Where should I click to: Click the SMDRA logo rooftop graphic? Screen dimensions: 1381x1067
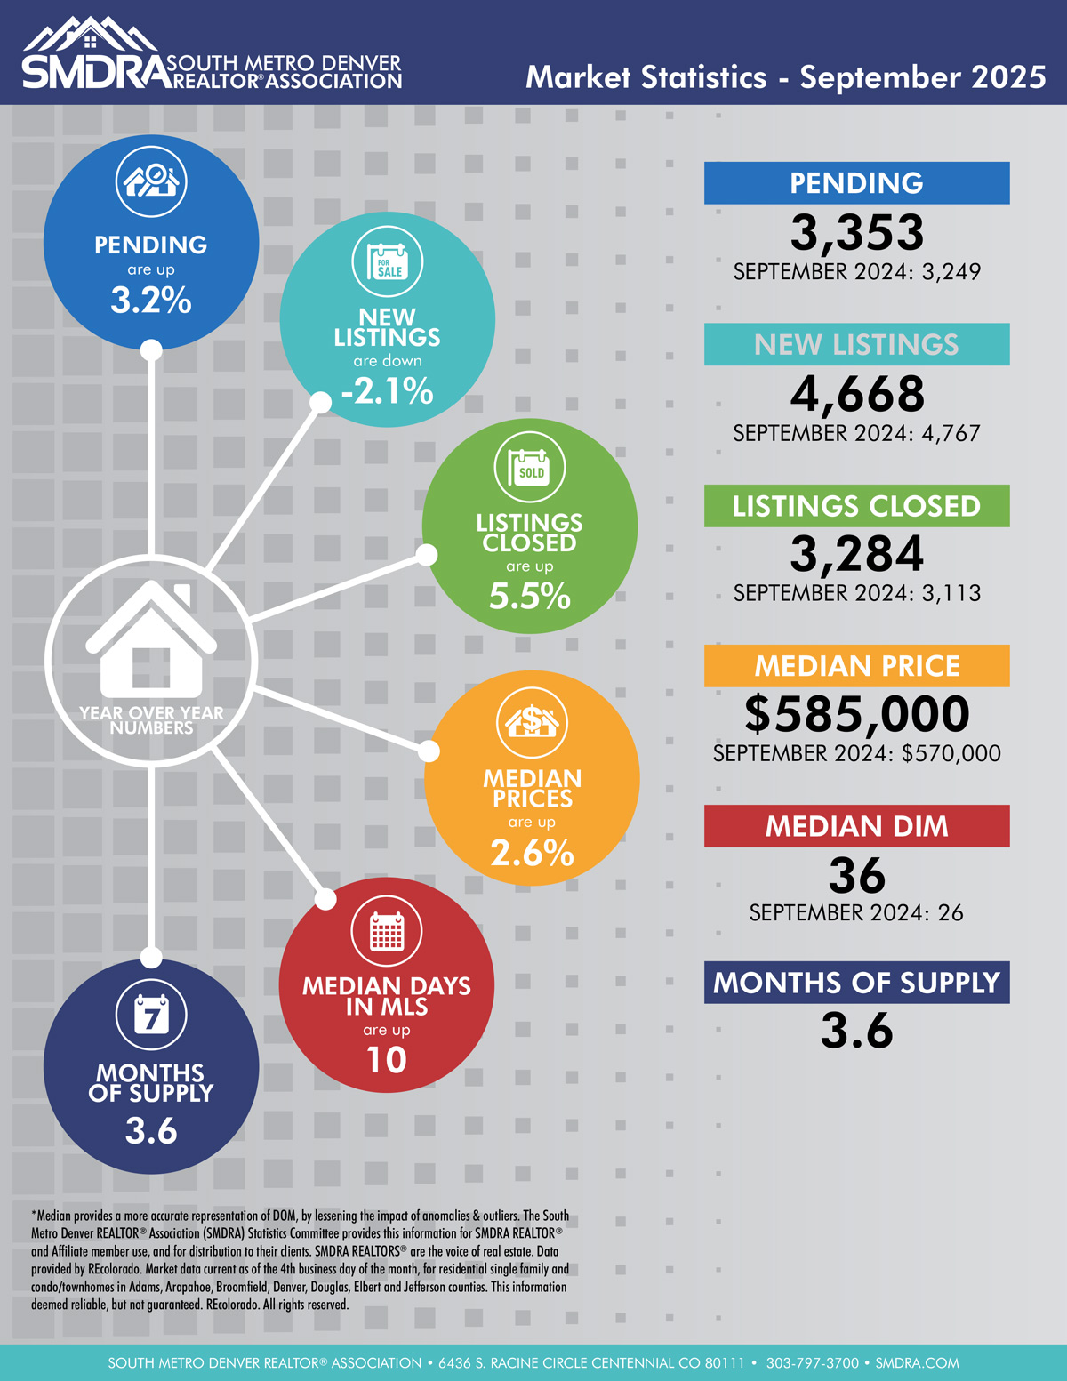click(x=90, y=36)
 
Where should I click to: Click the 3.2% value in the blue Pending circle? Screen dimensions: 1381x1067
click(x=151, y=301)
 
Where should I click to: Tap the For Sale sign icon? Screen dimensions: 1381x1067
click(x=388, y=262)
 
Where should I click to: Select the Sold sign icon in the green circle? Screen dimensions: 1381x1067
click(x=530, y=468)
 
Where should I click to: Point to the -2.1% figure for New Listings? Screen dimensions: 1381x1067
click(x=388, y=390)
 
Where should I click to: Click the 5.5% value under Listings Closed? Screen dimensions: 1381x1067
click(x=530, y=596)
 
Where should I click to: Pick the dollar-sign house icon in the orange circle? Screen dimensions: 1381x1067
click(x=532, y=721)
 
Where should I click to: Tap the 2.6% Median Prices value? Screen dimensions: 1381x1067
click(x=532, y=853)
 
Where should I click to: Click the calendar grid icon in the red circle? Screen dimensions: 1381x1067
click(x=387, y=931)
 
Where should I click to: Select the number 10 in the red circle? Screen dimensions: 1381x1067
click(x=387, y=1059)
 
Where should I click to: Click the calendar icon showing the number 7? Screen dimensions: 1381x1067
click(x=151, y=1014)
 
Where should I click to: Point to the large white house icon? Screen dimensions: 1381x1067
click(x=151, y=640)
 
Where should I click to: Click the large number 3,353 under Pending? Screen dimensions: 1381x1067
click(x=856, y=233)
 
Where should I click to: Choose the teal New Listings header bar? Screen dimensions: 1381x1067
click(x=856, y=344)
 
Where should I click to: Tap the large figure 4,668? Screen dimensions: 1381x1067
click(x=856, y=394)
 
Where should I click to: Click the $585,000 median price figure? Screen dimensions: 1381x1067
click(x=856, y=713)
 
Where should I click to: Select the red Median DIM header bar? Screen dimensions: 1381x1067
click(x=856, y=826)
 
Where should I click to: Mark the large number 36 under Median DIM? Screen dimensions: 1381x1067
click(x=856, y=876)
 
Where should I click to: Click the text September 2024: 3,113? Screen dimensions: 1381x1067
click(x=856, y=593)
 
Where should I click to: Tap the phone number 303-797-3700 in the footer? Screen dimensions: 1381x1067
click(x=813, y=1362)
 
